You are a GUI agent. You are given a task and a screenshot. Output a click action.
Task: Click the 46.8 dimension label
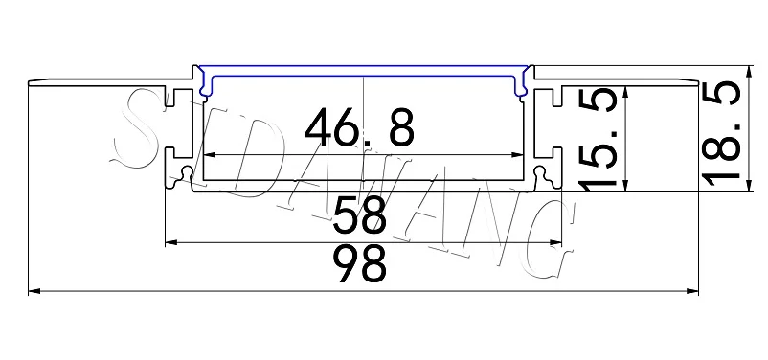(359, 128)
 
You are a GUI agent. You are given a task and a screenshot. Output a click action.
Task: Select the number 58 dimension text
(360, 214)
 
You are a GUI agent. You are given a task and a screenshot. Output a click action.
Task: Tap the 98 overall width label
(360, 264)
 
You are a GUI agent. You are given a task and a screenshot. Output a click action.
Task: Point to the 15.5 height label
(596, 137)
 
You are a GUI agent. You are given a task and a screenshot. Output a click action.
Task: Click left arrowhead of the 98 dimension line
(34, 291)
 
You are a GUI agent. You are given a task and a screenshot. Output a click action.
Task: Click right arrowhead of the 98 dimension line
(692, 291)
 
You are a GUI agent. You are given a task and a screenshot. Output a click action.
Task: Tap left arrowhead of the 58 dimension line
(171, 242)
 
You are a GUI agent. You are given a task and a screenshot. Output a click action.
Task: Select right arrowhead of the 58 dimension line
(555, 242)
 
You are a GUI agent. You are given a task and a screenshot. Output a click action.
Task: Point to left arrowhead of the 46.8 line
(209, 155)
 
